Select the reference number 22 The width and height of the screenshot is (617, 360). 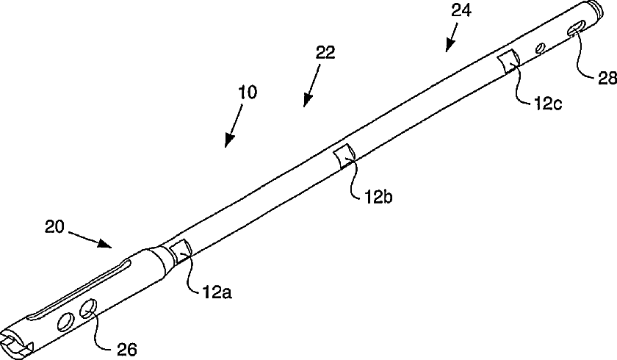click(x=325, y=53)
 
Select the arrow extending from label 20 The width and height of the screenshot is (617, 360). click(x=91, y=238)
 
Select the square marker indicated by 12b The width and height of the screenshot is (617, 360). click(x=344, y=155)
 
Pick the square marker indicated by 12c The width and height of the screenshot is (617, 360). click(x=508, y=61)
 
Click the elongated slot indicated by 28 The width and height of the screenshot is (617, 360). click(x=577, y=29)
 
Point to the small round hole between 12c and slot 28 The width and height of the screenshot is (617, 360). click(x=541, y=48)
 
